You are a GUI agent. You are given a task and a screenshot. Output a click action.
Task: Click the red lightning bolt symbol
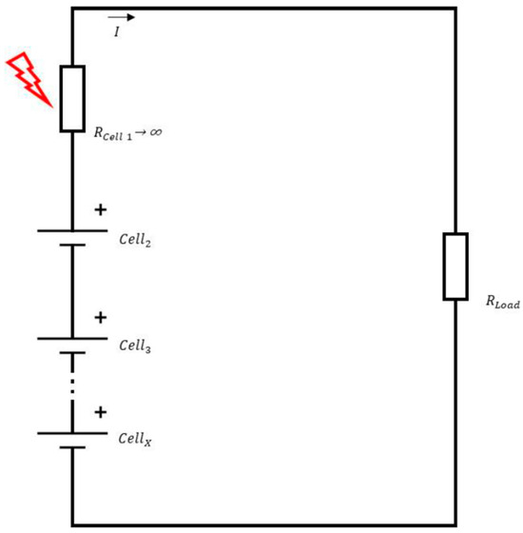pyautogui.click(x=29, y=77)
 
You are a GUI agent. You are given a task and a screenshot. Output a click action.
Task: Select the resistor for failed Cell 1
pyautogui.click(x=73, y=98)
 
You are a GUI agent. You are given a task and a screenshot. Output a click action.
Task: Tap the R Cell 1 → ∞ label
pyautogui.click(x=127, y=134)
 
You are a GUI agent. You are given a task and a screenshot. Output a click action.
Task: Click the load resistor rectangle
pyautogui.click(x=455, y=266)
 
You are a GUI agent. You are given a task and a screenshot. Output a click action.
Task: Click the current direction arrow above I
pyautogui.click(x=121, y=17)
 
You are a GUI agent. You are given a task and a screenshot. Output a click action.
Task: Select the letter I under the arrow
pyautogui.click(x=116, y=32)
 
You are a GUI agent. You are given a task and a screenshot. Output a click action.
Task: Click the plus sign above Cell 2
pyautogui.click(x=100, y=207)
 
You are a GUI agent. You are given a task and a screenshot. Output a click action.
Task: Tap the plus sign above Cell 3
pyautogui.click(x=100, y=317)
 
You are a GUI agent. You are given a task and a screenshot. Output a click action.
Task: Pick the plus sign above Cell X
pyautogui.click(x=100, y=412)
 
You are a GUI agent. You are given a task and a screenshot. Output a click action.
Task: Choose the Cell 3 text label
pyautogui.click(x=135, y=347)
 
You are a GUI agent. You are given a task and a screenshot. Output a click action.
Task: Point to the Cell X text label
pyautogui.click(x=135, y=440)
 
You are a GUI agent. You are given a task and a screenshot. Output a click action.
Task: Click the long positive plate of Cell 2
pyautogui.click(x=73, y=229)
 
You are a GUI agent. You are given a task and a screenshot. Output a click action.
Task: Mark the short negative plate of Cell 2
pyautogui.click(x=73, y=246)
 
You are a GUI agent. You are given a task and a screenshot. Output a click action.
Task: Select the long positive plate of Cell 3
pyautogui.click(x=73, y=338)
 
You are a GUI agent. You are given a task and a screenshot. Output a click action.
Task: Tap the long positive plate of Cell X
pyautogui.click(x=73, y=432)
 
